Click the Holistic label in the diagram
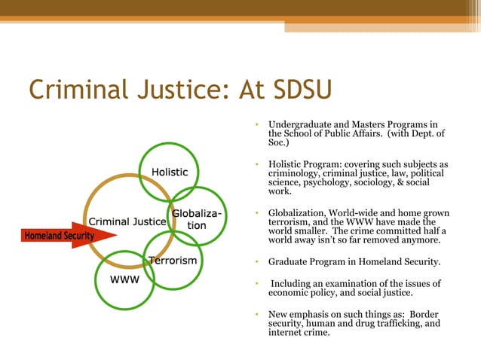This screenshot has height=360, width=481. tap(170, 172)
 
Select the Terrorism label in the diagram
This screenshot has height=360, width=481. tap(173, 261)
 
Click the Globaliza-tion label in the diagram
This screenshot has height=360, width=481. tap(196, 219)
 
